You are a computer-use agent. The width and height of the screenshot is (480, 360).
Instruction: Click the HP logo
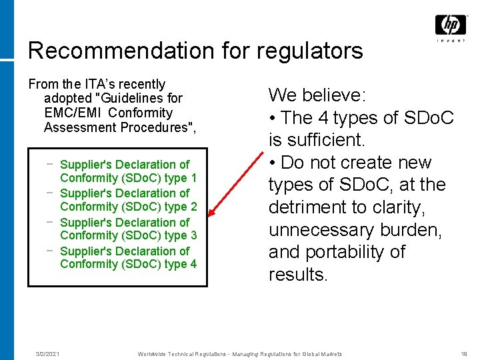tap(451, 25)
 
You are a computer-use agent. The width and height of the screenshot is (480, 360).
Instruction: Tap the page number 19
tap(464, 354)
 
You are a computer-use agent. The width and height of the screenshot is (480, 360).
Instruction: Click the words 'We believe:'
tap(317, 95)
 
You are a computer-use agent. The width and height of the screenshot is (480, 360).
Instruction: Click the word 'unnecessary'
tap(321, 230)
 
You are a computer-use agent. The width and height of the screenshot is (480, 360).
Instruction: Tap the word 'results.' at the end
tap(298, 275)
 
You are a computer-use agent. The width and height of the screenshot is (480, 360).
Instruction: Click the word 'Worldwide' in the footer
tap(154, 354)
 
